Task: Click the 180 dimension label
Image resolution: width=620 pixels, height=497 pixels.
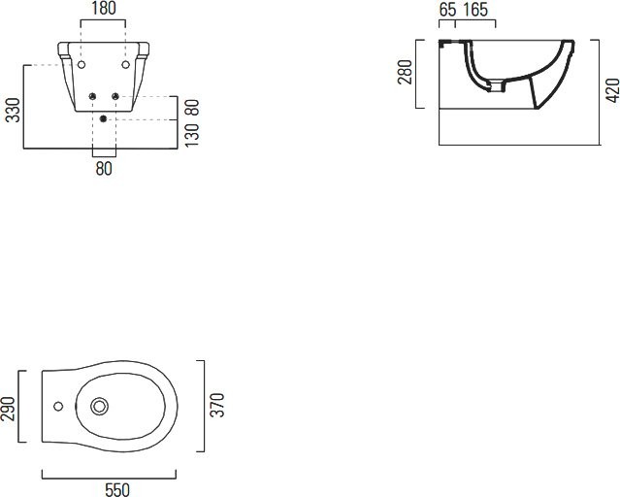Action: (104, 9)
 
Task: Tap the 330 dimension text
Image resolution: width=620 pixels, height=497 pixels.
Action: (13, 110)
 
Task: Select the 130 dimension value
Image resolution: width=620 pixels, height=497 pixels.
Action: (192, 135)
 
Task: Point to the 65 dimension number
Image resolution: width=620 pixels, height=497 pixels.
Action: (447, 10)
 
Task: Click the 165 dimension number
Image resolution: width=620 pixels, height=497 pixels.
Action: (475, 10)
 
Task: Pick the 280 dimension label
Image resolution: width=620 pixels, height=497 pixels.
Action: (405, 72)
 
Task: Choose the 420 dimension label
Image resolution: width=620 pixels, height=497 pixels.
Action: (612, 90)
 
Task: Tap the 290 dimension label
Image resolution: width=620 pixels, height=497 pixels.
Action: (8, 409)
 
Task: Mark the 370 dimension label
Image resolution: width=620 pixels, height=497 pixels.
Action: (217, 405)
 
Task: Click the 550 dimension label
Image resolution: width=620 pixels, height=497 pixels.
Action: (117, 489)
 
